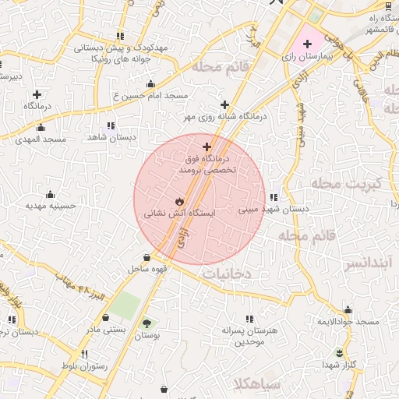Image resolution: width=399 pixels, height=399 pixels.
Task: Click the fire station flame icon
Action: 180,200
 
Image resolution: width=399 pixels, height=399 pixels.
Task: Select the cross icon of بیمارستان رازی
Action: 307,44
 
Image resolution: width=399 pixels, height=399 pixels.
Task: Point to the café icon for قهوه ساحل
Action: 147,258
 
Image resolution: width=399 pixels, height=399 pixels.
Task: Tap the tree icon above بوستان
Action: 147,323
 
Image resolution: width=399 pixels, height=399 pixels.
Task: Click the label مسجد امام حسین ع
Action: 151,95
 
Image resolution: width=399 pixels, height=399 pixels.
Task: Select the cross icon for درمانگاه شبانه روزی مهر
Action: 224,104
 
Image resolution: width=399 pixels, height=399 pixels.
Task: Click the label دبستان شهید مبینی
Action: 273,209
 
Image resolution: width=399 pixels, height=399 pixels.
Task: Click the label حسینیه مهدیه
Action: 51,207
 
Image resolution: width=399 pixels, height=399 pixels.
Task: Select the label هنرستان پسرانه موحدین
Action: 249,336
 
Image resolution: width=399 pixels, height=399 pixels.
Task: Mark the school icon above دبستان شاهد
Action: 111,125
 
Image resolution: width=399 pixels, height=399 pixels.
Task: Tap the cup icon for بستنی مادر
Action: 106,318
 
